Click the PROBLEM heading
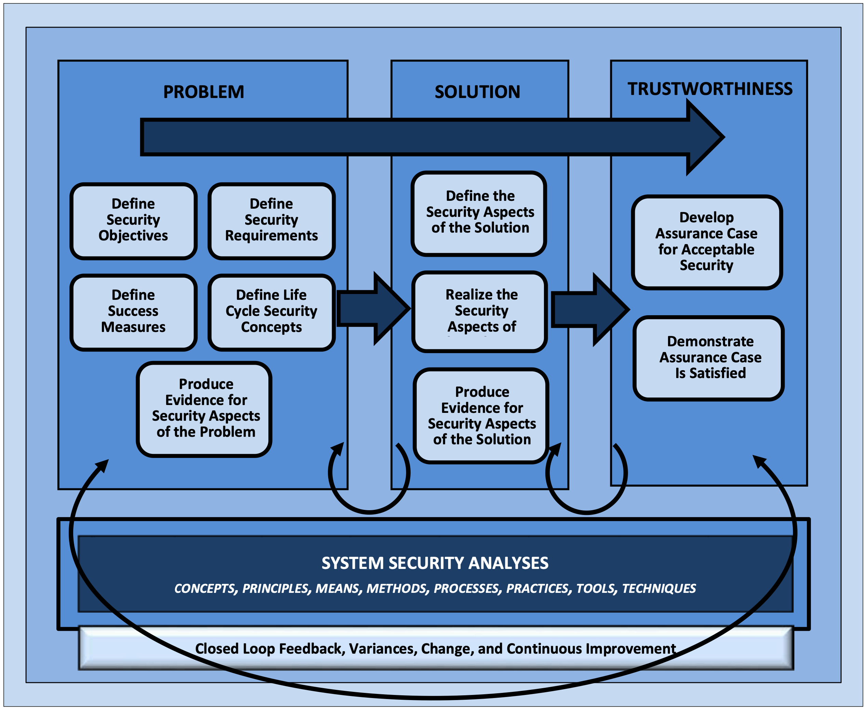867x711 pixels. click(x=203, y=92)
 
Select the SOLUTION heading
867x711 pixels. click(x=477, y=92)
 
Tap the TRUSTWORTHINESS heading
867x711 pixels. click(x=710, y=89)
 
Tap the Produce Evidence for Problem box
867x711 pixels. click(x=206, y=408)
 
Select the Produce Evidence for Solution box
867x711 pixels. click(x=482, y=416)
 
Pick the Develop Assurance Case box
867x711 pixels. click(x=706, y=242)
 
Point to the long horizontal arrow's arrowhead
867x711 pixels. click(x=703, y=137)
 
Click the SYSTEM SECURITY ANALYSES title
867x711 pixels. click(x=435, y=563)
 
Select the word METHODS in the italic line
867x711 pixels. click(x=396, y=588)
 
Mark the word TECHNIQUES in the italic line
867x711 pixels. click(x=659, y=588)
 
